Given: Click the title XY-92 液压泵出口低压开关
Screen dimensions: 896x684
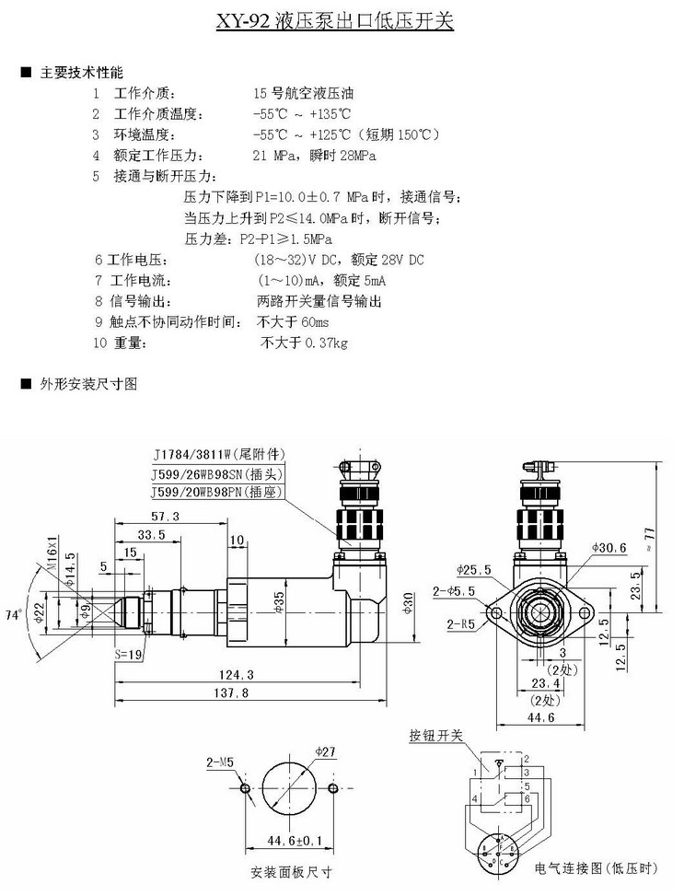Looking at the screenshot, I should (342, 20).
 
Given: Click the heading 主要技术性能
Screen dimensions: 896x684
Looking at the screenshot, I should (81, 72).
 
